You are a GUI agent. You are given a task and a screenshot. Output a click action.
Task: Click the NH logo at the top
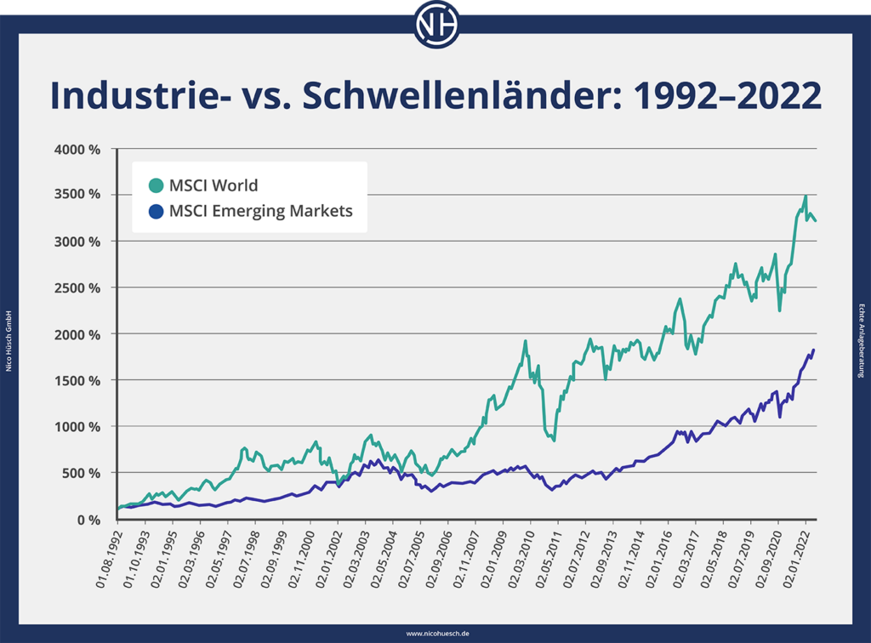(x=435, y=25)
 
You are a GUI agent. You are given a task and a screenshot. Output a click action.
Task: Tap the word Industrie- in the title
(x=134, y=96)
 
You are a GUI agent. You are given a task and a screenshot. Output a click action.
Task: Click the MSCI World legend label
(x=213, y=185)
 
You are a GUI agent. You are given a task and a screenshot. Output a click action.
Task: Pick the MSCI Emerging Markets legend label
(x=260, y=211)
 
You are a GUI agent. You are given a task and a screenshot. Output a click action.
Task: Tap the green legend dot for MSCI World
(x=155, y=185)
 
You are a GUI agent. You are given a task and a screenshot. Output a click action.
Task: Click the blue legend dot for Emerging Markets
(x=155, y=211)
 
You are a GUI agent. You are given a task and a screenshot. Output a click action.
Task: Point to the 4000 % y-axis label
(x=79, y=149)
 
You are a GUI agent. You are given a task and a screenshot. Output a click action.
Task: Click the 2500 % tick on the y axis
(x=79, y=287)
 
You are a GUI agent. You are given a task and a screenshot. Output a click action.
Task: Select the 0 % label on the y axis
(x=89, y=519)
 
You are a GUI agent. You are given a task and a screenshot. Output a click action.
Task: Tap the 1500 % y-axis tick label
(x=79, y=380)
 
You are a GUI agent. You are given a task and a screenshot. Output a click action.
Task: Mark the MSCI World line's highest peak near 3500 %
(x=805, y=196)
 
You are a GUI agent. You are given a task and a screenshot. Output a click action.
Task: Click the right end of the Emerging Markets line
(x=814, y=350)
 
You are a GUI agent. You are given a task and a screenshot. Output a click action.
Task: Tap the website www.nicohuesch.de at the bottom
(x=435, y=634)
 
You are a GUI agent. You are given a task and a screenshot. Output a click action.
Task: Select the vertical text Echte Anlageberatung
(x=862, y=339)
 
